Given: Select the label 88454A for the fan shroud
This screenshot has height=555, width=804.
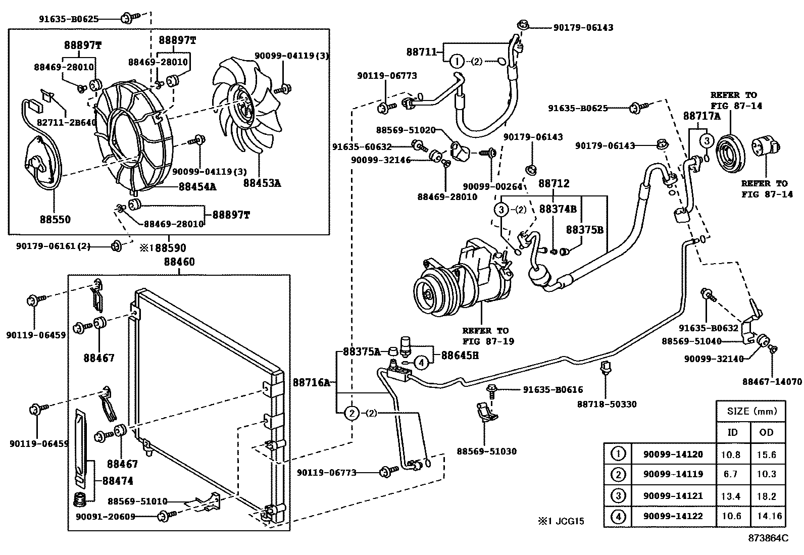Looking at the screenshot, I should (x=197, y=186).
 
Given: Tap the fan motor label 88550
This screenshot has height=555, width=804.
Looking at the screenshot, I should (x=56, y=219).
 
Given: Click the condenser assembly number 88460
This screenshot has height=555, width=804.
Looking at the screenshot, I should (x=179, y=262).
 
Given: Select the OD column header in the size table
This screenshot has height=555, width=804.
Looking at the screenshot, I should (x=766, y=432).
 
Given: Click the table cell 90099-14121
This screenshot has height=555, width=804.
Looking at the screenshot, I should (x=673, y=496).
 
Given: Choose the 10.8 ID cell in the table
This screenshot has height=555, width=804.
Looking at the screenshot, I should (x=730, y=455).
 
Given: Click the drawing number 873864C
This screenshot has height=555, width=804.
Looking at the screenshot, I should (x=768, y=538).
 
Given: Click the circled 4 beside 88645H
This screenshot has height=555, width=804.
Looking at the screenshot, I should (x=422, y=362).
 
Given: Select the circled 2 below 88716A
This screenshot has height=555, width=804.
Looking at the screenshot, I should (x=351, y=413).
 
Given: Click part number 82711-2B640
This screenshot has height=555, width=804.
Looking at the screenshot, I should (x=67, y=122).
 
